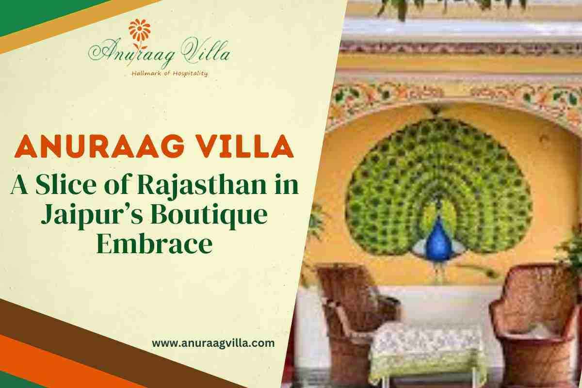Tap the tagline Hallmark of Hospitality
tap(170, 73)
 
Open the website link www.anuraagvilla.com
tap(213, 343)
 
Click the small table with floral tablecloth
tap(427, 349)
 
